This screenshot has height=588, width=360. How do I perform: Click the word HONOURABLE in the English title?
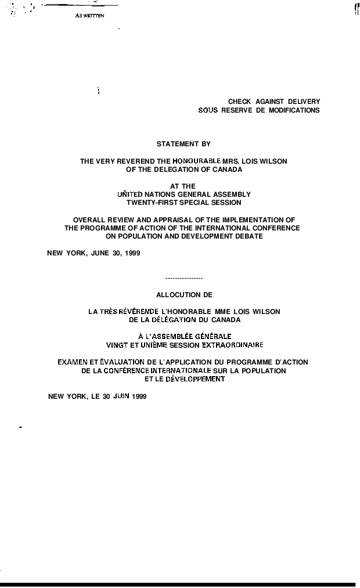197,161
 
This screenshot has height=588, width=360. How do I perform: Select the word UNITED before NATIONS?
130,194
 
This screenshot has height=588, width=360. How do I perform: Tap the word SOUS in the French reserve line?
208,110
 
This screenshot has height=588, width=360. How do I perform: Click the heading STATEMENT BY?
183,144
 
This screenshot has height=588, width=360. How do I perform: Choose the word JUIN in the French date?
121,396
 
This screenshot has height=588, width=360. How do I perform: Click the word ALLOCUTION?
174,295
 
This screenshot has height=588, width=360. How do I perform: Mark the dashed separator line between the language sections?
183,279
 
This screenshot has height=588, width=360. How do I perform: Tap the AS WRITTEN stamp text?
89,16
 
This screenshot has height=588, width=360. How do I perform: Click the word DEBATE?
249,236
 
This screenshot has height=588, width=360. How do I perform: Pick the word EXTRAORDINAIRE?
232,345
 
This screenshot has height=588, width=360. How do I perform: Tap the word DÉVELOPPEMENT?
195,378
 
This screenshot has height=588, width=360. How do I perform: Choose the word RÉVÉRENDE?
138,311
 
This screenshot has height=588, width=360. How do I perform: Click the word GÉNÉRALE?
213,336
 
